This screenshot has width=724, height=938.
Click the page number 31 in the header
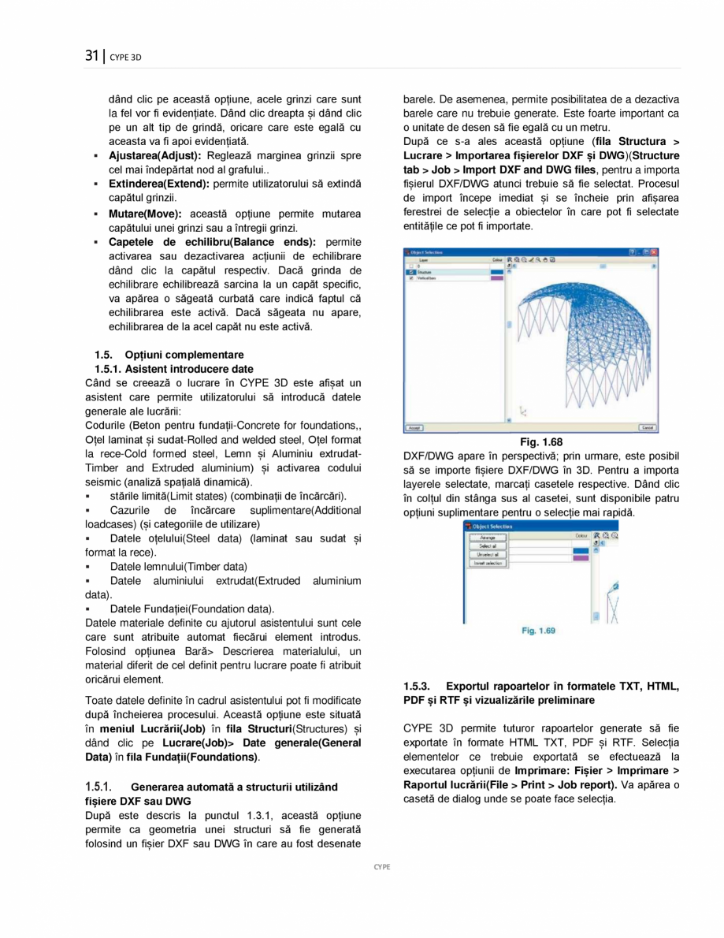(x=91, y=55)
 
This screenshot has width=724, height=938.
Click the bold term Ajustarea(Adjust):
(x=155, y=156)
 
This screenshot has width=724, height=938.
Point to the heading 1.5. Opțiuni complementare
(x=169, y=355)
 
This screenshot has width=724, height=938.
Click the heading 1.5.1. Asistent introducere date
(x=174, y=369)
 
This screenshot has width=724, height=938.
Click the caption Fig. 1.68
(x=541, y=442)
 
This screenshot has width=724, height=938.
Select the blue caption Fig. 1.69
(x=539, y=631)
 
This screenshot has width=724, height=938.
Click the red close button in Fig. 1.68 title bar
(x=653, y=251)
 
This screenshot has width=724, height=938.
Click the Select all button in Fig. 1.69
(x=488, y=545)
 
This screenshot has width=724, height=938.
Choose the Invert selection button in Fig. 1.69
(x=488, y=563)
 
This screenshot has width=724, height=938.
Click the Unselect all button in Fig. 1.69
(x=488, y=554)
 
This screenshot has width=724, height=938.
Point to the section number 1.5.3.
(x=418, y=687)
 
